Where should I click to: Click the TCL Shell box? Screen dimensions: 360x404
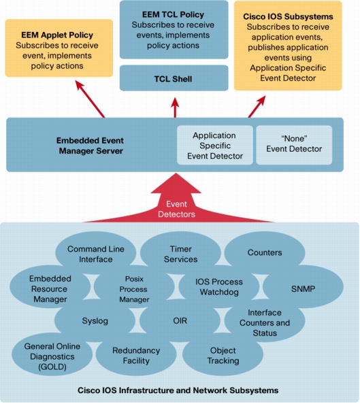click(x=174, y=78)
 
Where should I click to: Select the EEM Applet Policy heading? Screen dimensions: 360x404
click(x=57, y=35)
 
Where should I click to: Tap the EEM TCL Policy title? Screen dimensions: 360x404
click(x=173, y=15)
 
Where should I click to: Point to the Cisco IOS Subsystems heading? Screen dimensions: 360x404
click(x=288, y=17)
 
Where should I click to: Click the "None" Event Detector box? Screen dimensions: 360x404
click(x=294, y=145)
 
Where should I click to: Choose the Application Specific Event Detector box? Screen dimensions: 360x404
click(x=215, y=145)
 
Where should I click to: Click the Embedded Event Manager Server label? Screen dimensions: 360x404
click(x=91, y=146)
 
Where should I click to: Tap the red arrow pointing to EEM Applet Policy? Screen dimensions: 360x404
click(x=90, y=99)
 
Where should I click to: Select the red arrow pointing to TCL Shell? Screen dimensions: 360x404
click(x=175, y=107)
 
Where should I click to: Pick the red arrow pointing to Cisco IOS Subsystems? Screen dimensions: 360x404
click(x=257, y=107)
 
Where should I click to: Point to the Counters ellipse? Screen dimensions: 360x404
click(x=265, y=252)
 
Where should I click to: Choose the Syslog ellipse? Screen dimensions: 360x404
click(x=95, y=321)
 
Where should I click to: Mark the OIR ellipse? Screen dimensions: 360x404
click(x=180, y=321)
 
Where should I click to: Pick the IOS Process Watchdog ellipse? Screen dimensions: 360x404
click(x=219, y=287)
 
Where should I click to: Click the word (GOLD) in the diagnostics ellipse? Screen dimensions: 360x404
click(x=52, y=367)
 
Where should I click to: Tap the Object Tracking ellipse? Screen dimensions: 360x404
click(x=223, y=356)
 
